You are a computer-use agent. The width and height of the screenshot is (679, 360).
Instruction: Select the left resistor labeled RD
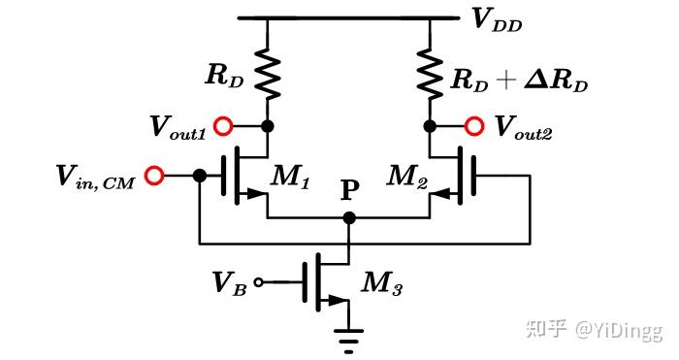(268, 73)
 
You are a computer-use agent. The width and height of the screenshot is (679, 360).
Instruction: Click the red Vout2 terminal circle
(474, 126)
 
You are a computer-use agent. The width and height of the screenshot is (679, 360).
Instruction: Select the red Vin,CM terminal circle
(153, 176)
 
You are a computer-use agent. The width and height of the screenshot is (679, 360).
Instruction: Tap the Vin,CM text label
(95, 176)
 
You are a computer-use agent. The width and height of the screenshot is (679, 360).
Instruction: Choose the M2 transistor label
(406, 176)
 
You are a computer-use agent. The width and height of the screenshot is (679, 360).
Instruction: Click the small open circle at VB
(257, 283)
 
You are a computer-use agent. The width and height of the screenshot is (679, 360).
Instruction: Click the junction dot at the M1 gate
(199, 176)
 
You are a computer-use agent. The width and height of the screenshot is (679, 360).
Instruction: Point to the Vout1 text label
(178, 126)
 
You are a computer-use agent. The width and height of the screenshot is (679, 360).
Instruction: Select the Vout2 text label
(524, 126)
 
